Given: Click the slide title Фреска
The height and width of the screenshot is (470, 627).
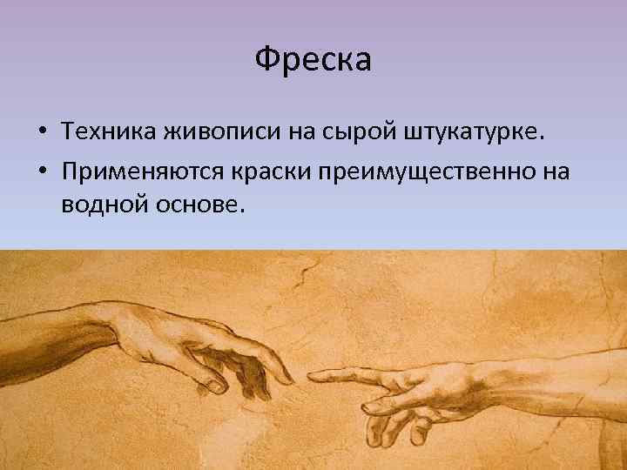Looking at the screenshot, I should (313, 59).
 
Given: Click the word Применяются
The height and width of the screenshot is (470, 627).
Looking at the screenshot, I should (143, 171).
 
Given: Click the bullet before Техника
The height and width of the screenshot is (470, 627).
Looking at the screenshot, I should (42, 132).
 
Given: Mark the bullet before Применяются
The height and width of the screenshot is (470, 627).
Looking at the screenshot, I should (42, 171).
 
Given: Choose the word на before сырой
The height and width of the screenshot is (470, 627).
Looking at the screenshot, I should (303, 131).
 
